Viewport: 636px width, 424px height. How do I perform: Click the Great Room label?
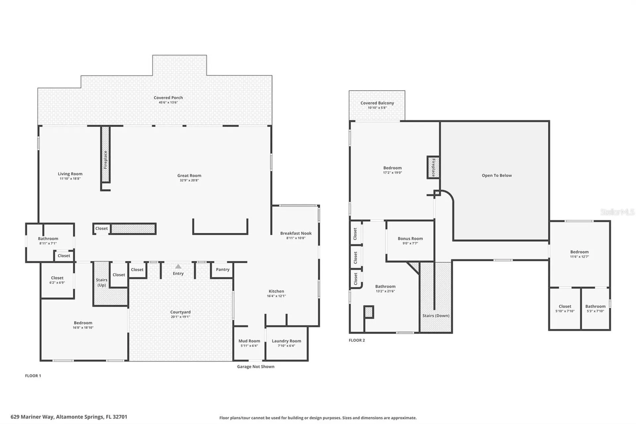[x=189, y=176]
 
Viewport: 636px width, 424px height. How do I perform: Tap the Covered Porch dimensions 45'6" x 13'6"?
[x=168, y=102]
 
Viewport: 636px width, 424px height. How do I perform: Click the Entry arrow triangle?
[x=178, y=266]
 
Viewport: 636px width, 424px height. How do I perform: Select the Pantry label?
[x=223, y=270]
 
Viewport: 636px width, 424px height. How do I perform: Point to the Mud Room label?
[x=249, y=341]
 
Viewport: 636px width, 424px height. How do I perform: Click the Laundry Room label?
[x=287, y=341]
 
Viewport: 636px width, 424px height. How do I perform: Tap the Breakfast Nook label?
[x=296, y=233]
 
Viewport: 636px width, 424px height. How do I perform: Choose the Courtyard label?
[x=181, y=312]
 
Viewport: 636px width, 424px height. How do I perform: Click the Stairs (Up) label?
[x=102, y=282]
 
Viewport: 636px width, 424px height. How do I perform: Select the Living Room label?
[x=70, y=174]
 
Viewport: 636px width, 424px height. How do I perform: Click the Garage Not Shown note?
[x=256, y=366]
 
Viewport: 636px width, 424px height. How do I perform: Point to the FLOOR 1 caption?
[x=33, y=376]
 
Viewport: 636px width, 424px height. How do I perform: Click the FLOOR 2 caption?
[x=357, y=340]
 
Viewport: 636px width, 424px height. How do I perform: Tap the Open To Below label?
[x=497, y=175]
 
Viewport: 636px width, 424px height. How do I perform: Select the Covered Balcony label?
[x=377, y=103]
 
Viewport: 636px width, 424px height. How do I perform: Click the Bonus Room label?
[x=410, y=238]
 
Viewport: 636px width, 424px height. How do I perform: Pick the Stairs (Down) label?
[x=436, y=316]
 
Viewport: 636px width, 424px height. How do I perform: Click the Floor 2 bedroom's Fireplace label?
[x=433, y=167]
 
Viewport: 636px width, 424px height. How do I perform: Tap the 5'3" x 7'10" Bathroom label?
[x=595, y=306]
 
